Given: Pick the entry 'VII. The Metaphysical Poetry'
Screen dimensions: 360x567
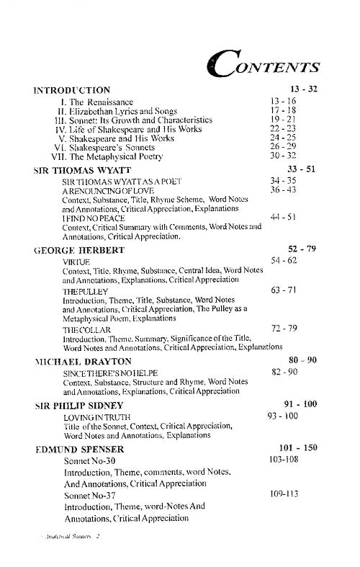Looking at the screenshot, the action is coord(108,156).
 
